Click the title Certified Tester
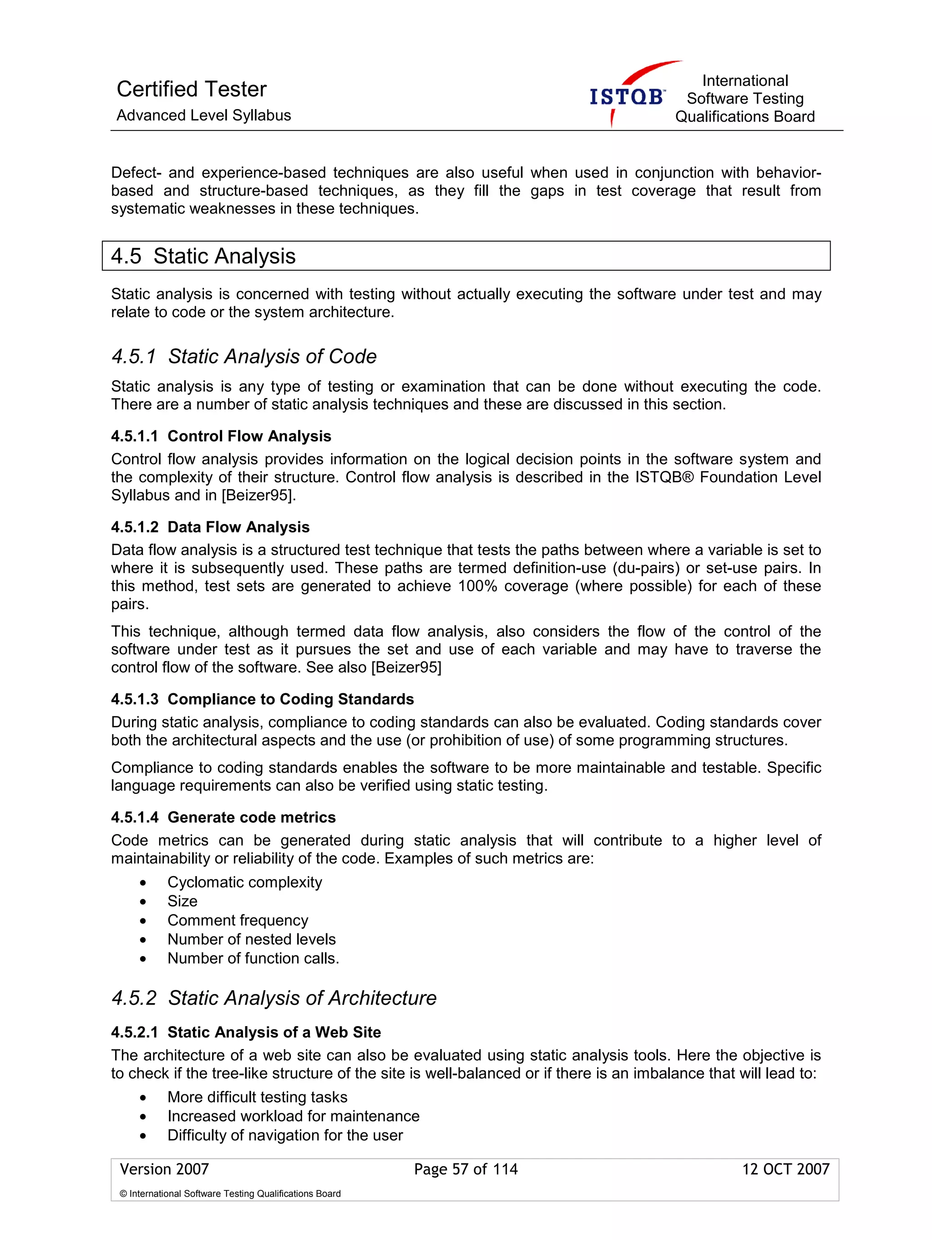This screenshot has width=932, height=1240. (191, 89)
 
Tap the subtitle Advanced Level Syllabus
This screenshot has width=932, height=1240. (203, 116)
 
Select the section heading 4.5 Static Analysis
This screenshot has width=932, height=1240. (203, 256)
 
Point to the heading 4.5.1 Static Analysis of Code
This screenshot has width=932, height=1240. (244, 357)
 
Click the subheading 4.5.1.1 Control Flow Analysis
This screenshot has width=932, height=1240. (221, 436)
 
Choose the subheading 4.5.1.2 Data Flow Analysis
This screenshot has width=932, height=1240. (210, 527)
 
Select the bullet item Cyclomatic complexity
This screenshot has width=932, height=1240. (244, 882)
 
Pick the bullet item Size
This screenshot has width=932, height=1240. (182, 902)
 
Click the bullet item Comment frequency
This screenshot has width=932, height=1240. (238, 921)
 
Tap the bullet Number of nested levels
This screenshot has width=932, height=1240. (251, 939)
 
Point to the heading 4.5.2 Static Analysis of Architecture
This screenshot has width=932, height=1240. (274, 998)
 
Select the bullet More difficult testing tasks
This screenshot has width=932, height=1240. (258, 1097)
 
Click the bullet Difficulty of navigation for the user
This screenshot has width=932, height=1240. (285, 1135)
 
